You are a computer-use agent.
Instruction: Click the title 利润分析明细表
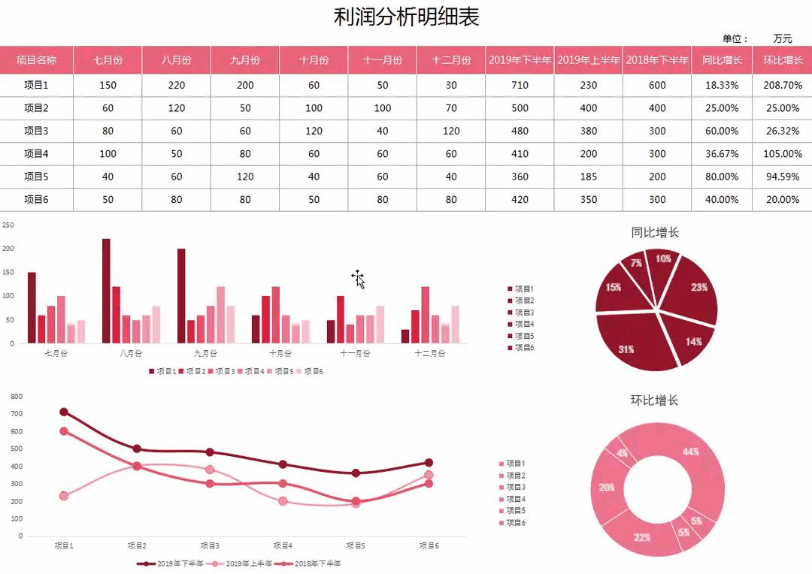point(406,17)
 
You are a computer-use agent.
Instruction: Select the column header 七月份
point(108,60)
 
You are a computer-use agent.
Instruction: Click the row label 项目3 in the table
point(36,131)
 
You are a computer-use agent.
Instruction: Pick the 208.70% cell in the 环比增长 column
point(782,85)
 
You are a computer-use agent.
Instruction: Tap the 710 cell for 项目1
point(520,85)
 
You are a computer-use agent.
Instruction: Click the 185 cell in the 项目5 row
point(589,177)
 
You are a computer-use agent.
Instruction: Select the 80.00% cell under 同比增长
point(722,177)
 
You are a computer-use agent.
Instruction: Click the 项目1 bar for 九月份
point(181,296)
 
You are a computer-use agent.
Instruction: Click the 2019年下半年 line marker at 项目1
point(64,412)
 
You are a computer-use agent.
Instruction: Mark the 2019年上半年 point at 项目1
point(64,496)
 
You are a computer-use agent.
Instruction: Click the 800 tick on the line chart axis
point(17,396)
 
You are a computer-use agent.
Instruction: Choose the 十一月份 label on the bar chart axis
point(355,353)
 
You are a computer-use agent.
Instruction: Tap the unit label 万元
point(782,38)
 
